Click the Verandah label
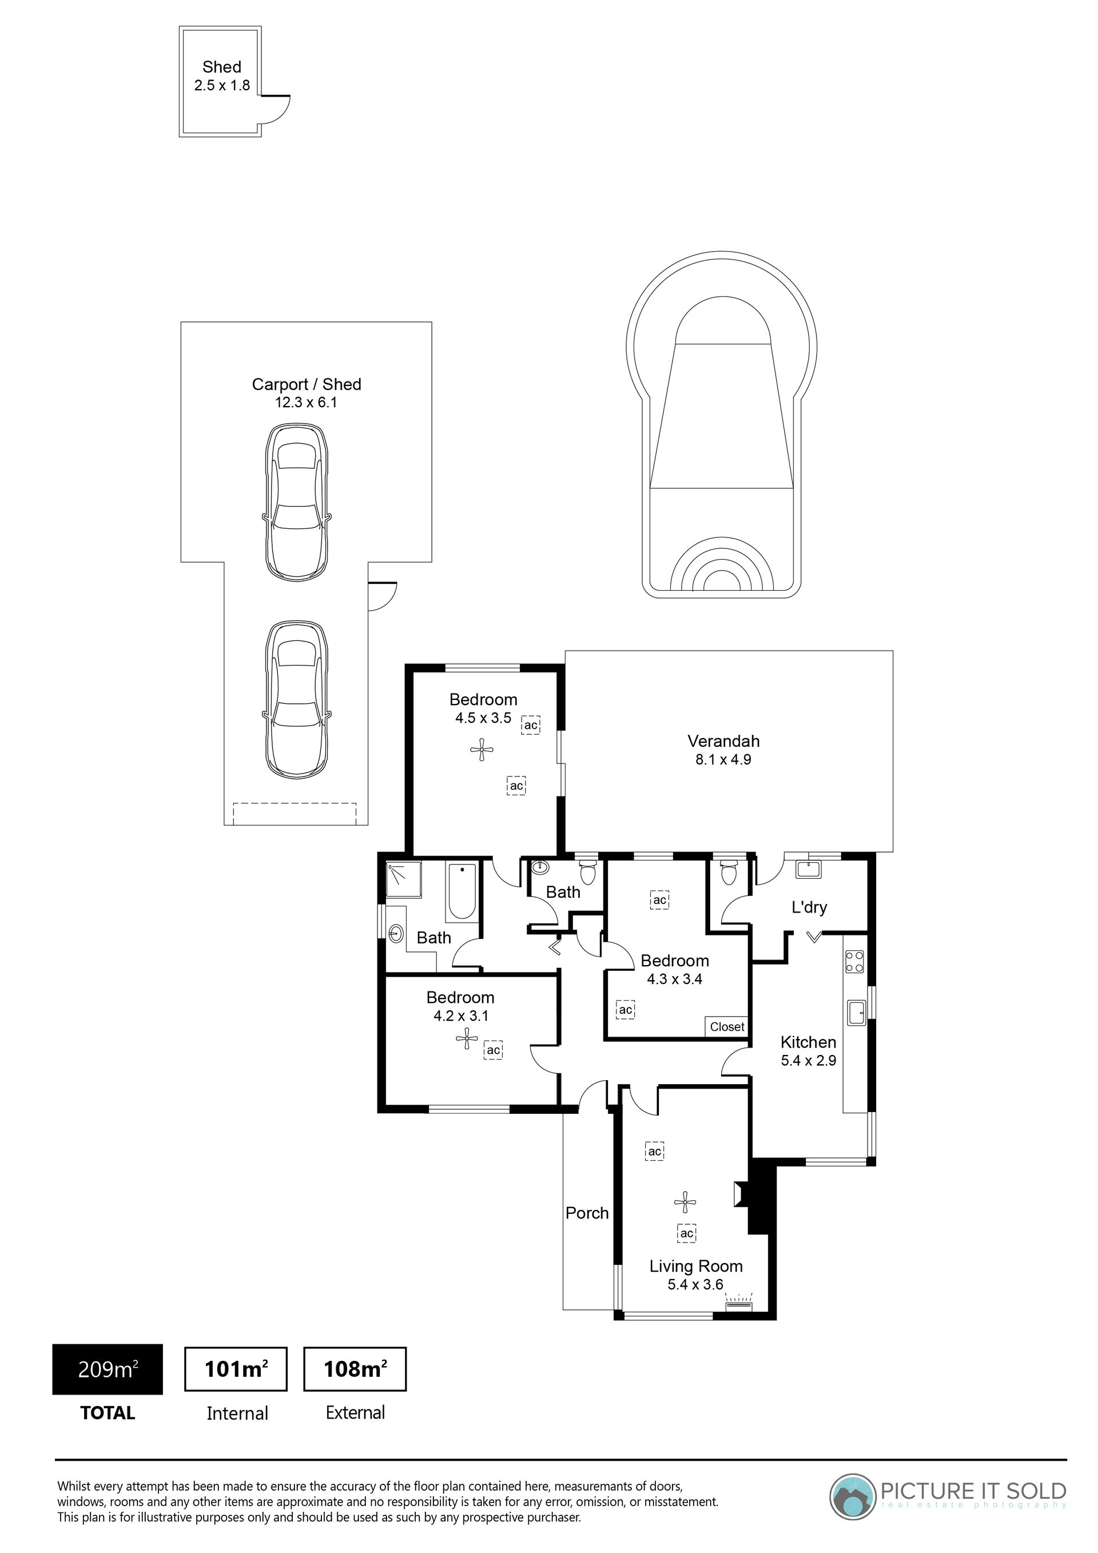tap(723, 740)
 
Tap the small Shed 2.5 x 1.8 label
tap(222, 75)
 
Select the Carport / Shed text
tap(307, 384)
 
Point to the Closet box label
tap(727, 1027)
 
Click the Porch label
tap(587, 1213)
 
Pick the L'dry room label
tap(809, 907)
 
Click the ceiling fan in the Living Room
tap(685, 1202)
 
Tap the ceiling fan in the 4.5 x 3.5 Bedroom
tap(482, 750)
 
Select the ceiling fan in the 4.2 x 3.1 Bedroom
tap(467, 1038)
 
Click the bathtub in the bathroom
tap(462, 891)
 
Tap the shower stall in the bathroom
tap(404, 879)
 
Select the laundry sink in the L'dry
tap(809, 869)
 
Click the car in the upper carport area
tap(297, 501)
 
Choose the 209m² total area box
tap(108, 1369)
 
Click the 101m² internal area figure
tap(236, 1369)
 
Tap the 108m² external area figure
tap(355, 1369)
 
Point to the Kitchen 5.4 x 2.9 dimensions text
tap(809, 1060)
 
